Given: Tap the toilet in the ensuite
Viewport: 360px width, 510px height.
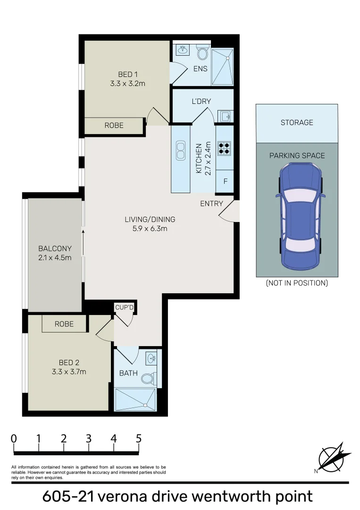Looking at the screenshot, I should [203, 52].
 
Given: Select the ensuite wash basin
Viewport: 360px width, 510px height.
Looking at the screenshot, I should [182, 49].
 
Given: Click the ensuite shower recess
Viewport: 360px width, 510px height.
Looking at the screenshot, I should [222, 67].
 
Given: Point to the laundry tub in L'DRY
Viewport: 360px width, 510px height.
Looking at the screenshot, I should [225, 116].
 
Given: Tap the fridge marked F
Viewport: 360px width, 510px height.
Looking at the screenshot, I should [225, 181].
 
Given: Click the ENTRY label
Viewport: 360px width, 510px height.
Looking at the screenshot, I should [211, 204].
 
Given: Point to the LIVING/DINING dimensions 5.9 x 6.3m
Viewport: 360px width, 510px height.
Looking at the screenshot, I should [150, 229].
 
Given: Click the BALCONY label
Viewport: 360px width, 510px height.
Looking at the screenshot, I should [55, 249].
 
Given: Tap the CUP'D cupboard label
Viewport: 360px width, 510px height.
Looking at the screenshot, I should [125, 307].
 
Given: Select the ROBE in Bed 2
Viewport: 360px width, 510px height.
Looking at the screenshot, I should [64, 324].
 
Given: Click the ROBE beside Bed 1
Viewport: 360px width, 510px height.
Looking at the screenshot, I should [114, 125].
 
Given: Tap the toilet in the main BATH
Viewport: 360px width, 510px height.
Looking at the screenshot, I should [147, 377].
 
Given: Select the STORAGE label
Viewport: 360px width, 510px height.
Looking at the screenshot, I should [297, 122].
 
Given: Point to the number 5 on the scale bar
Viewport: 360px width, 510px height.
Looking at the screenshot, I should [138, 438].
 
